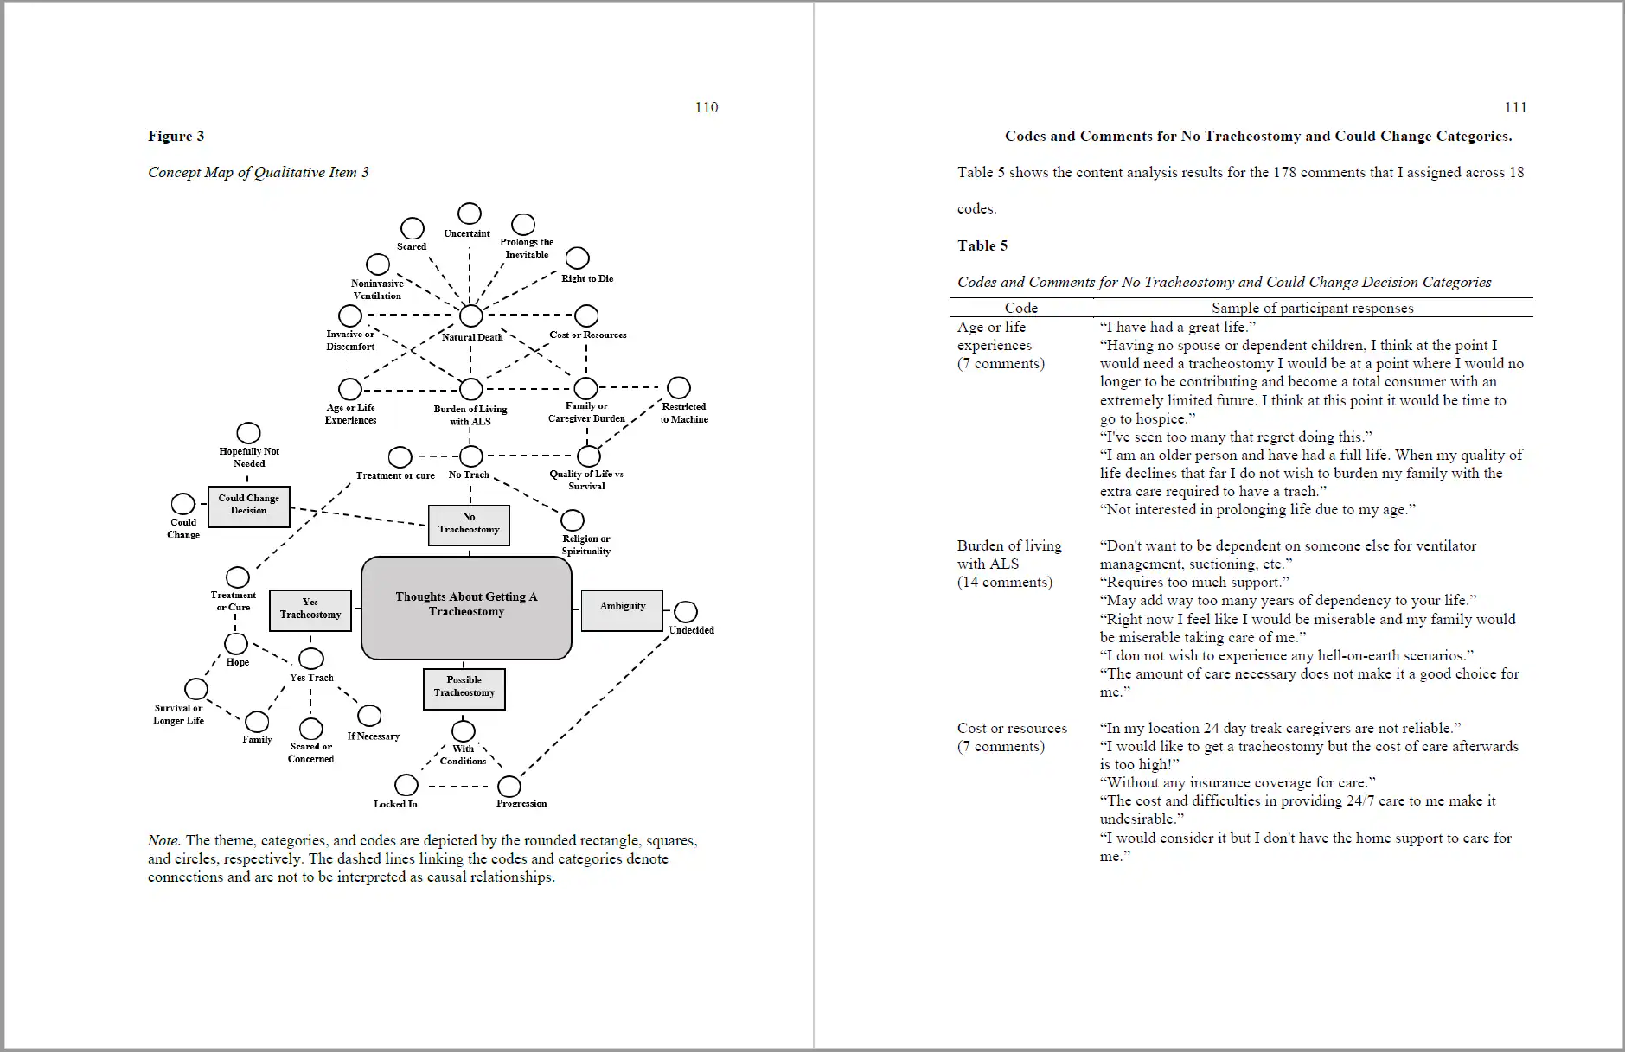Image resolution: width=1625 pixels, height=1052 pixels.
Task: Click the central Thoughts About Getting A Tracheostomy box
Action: click(x=466, y=607)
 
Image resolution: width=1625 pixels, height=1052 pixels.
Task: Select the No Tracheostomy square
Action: click(x=469, y=525)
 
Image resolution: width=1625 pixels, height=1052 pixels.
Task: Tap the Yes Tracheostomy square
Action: click(x=310, y=610)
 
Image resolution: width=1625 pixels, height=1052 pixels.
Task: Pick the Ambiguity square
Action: click(x=622, y=609)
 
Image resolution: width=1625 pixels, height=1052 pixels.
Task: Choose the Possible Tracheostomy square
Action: click(x=464, y=689)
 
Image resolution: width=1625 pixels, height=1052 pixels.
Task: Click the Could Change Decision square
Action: click(x=248, y=506)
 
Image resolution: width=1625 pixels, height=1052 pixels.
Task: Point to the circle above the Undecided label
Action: click(x=686, y=612)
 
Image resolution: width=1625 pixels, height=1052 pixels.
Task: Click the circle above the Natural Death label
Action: click(x=470, y=316)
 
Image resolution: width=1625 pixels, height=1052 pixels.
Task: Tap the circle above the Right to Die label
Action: click(x=577, y=258)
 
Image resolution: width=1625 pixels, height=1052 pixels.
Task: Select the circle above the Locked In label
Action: click(x=406, y=785)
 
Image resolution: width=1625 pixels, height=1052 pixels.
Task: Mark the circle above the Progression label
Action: click(x=509, y=786)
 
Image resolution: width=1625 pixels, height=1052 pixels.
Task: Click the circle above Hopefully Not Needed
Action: click(x=248, y=433)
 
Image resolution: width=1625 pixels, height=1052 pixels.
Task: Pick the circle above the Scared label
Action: click(x=413, y=228)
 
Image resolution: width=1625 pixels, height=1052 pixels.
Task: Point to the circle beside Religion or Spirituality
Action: click(x=572, y=520)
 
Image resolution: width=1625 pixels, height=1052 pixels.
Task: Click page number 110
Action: click(x=707, y=107)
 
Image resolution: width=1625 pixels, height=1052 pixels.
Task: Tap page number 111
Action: click(x=1515, y=107)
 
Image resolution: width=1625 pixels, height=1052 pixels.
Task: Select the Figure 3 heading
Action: click(x=176, y=136)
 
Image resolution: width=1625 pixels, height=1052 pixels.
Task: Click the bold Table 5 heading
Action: click(x=982, y=245)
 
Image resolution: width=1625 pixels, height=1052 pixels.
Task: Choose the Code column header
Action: click(x=1020, y=308)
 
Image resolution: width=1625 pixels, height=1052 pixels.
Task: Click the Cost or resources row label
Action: click(x=1012, y=728)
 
